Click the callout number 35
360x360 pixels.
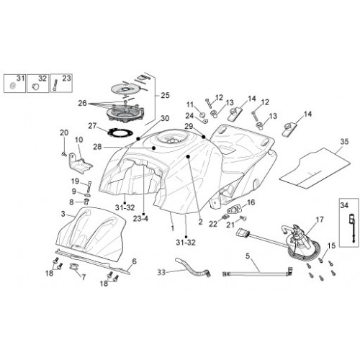(344, 142)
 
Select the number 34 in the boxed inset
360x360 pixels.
(344, 205)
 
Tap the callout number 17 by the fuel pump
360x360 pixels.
(320, 220)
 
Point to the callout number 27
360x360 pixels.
(92, 126)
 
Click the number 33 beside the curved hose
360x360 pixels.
(161, 272)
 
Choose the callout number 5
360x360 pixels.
(248, 256)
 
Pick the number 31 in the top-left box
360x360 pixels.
(21, 78)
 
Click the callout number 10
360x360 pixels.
(78, 140)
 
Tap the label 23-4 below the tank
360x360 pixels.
(140, 219)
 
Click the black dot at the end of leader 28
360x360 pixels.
(154, 148)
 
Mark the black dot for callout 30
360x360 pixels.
(138, 139)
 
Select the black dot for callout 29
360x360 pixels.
(204, 137)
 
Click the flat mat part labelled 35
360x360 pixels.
(315, 168)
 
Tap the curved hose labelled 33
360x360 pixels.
(192, 267)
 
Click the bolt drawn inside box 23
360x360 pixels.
(55, 85)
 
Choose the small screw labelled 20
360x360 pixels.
(64, 154)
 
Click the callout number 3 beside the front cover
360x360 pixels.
(63, 214)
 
